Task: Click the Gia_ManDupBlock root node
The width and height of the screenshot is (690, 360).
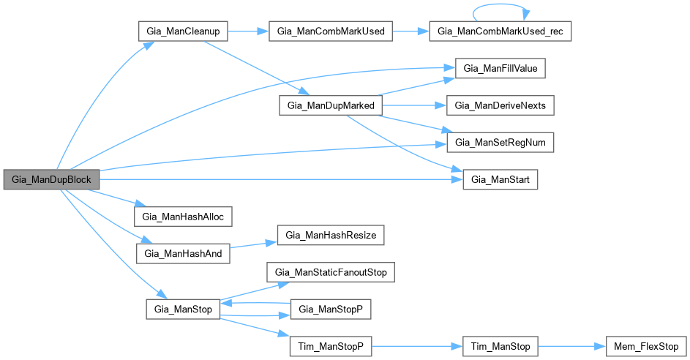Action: [x=50, y=179]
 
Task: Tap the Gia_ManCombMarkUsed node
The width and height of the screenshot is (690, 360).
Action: [x=332, y=32]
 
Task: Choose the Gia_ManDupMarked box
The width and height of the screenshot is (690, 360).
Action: [x=327, y=106]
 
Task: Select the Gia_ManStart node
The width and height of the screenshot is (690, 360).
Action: [x=501, y=179]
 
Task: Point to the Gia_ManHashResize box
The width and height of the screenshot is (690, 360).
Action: [x=330, y=236]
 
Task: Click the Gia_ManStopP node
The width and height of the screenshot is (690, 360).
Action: [x=331, y=310]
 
